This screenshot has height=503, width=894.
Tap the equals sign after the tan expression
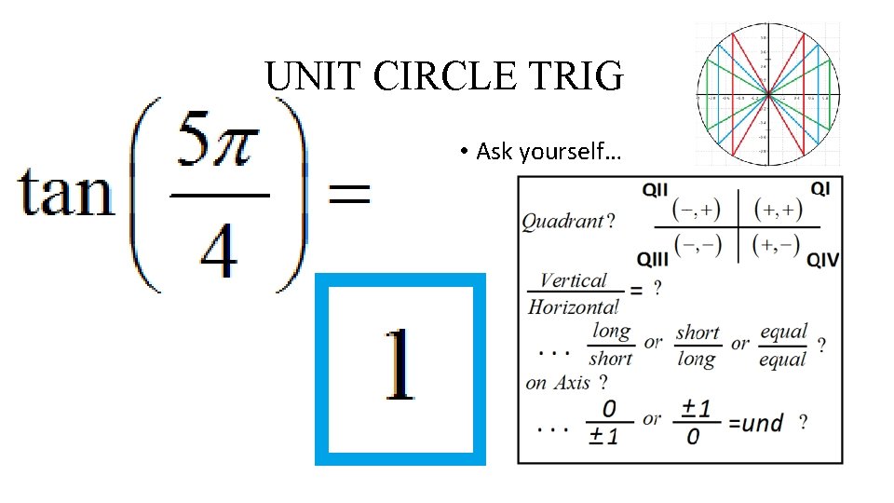point(346,194)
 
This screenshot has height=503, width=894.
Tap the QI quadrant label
point(820,189)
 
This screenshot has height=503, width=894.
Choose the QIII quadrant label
point(654,257)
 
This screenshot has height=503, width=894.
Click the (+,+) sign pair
point(779,210)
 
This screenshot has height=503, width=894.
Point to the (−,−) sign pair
point(698,244)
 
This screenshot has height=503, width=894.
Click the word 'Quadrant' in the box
point(562,222)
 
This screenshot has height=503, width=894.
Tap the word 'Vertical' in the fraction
point(573,280)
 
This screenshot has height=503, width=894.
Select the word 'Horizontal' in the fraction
point(573,306)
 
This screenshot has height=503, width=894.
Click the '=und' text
point(755,423)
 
